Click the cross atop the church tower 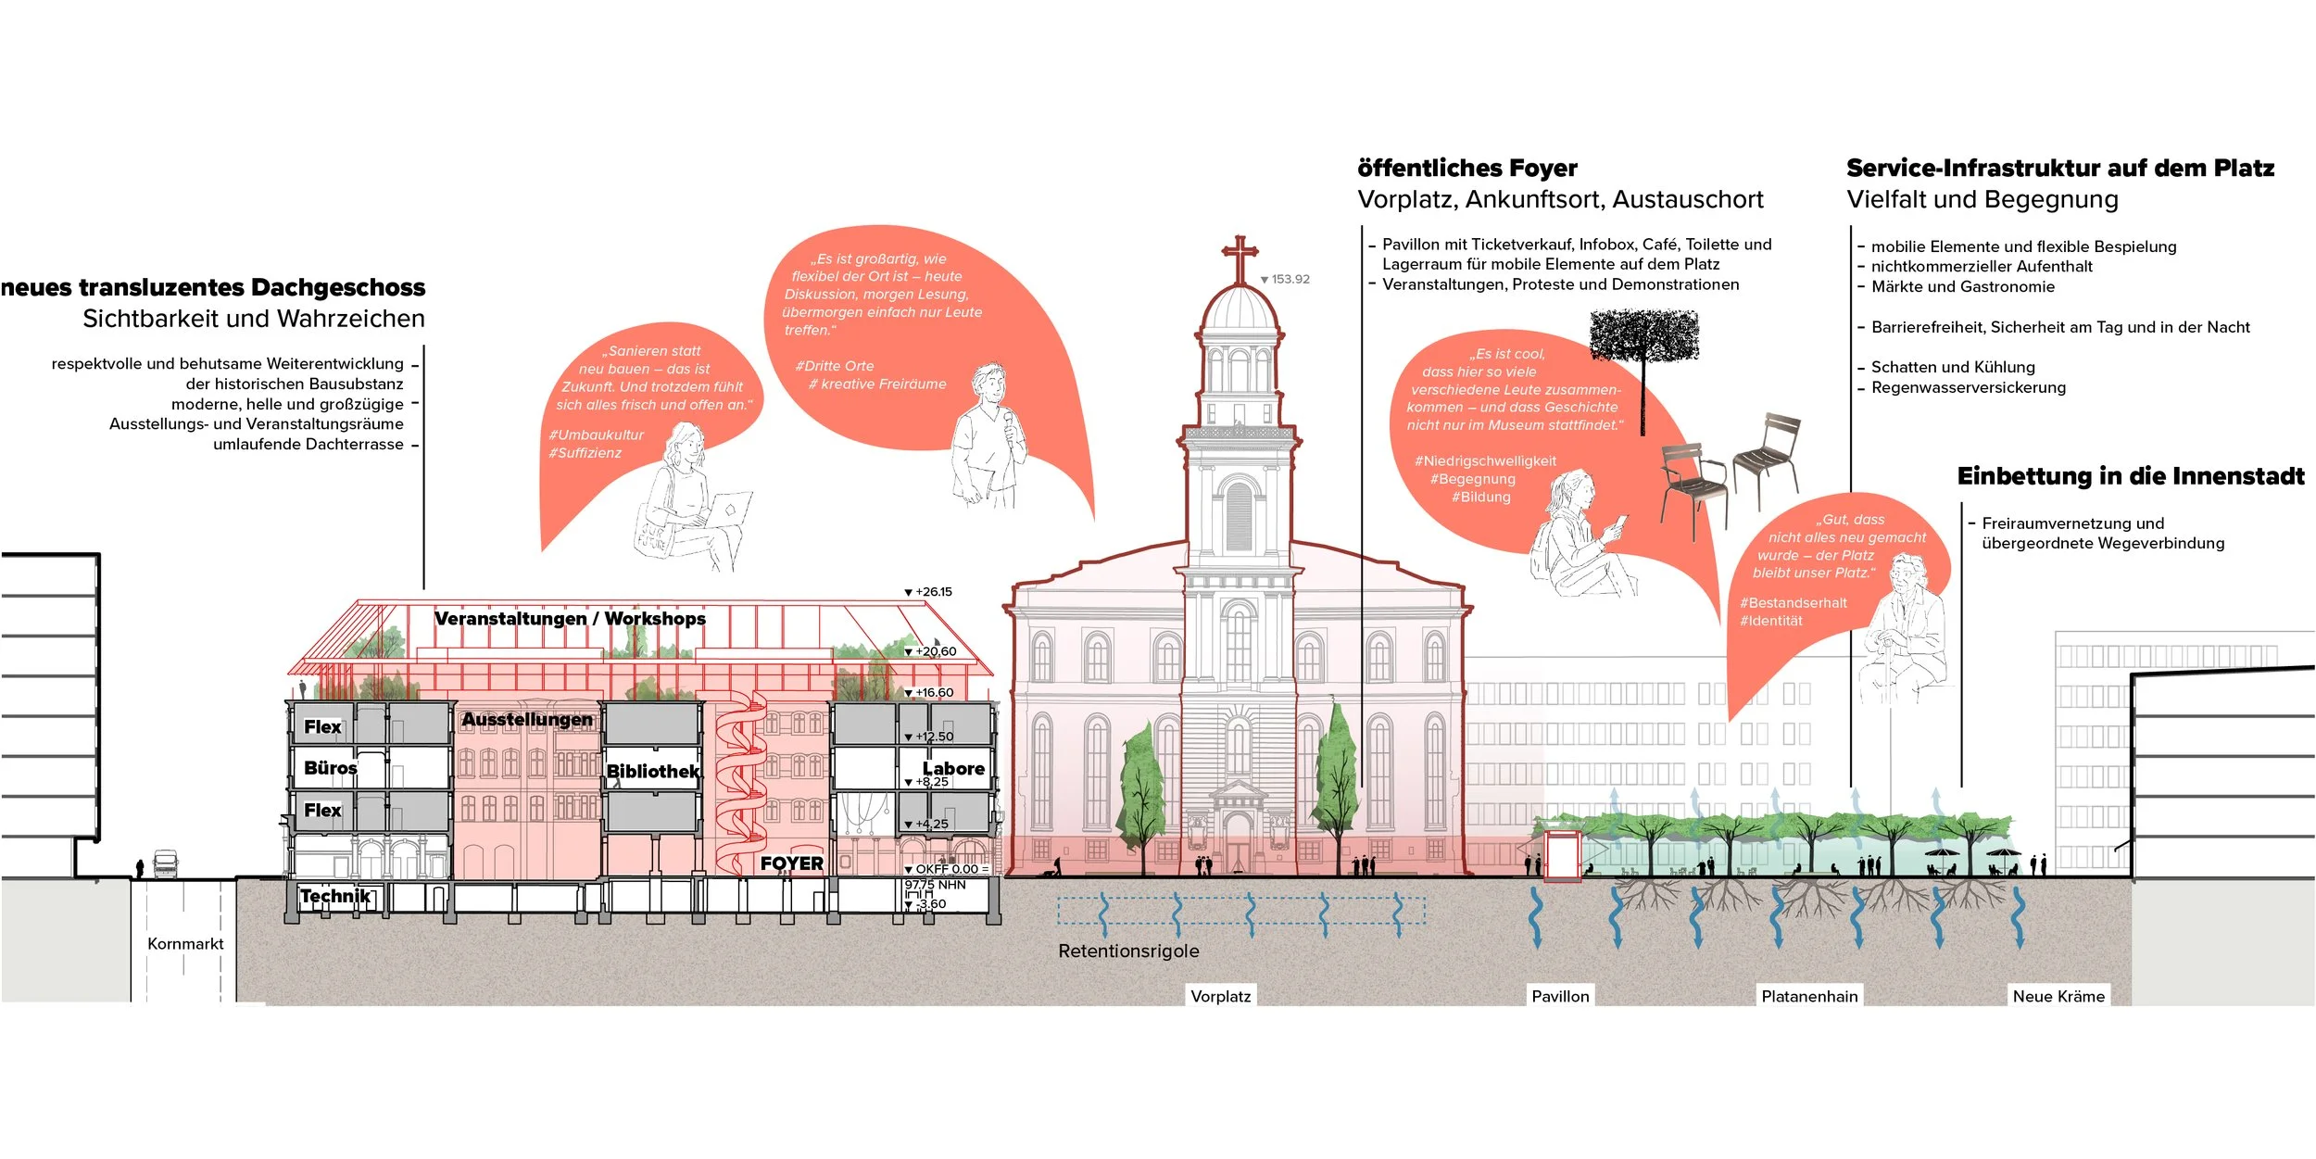[x=1240, y=255]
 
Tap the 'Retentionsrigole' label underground [x=1128, y=951]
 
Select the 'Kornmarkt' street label [x=185, y=943]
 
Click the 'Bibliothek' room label [x=653, y=771]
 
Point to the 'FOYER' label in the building [x=791, y=863]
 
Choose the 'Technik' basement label [x=335, y=896]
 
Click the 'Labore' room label [x=953, y=768]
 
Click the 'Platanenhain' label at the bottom [x=1809, y=996]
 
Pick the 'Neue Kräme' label [x=2058, y=996]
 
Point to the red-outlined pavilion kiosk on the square [x=1562, y=854]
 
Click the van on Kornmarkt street [x=165, y=863]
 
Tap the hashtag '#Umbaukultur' [x=596, y=435]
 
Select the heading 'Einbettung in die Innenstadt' [x=2131, y=476]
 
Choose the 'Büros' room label [x=330, y=768]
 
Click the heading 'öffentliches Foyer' [x=1467, y=168]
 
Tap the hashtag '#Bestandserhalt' [x=1794, y=602]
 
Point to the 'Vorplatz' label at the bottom [x=1220, y=996]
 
